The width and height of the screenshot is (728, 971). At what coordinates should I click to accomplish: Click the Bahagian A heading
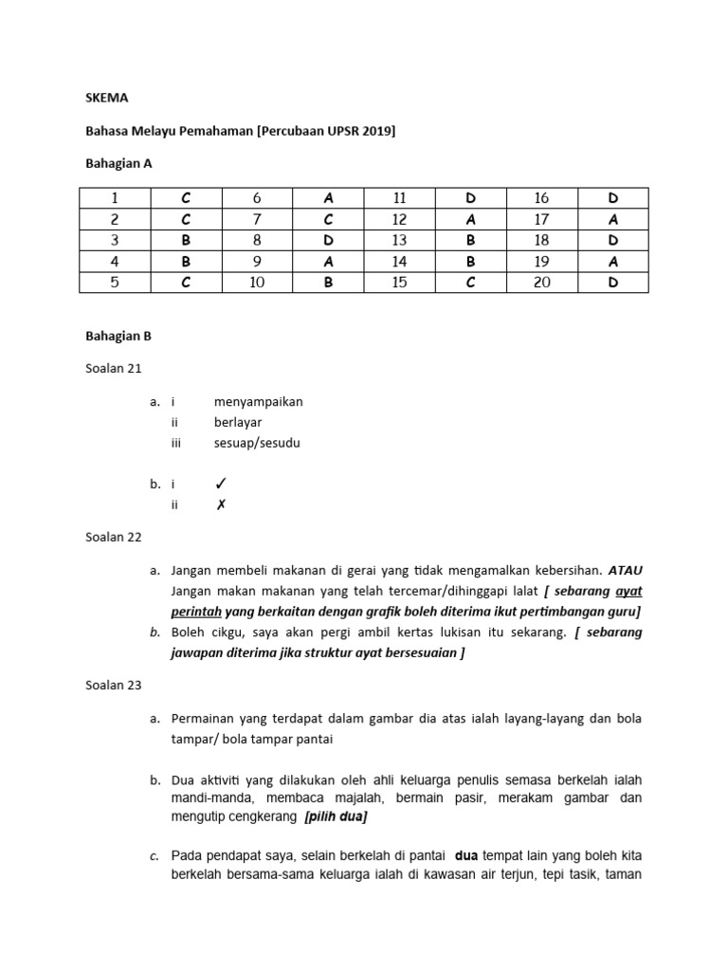(x=119, y=163)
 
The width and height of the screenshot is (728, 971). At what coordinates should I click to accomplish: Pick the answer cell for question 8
(x=328, y=240)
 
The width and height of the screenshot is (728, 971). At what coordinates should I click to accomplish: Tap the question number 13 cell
(x=399, y=240)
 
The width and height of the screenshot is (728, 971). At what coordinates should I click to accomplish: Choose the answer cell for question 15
(x=470, y=282)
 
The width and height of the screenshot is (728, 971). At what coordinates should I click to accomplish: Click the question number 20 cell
(x=541, y=282)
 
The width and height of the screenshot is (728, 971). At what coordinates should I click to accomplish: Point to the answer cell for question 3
(x=186, y=240)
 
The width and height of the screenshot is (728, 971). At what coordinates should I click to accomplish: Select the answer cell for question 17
(x=612, y=219)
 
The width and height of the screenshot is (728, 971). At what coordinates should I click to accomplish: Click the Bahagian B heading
(x=119, y=336)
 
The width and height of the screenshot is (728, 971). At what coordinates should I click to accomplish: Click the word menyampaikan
(x=258, y=401)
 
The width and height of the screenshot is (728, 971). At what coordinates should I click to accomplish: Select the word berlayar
(x=239, y=422)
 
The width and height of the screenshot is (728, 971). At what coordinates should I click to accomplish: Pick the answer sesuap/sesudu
(x=257, y=443)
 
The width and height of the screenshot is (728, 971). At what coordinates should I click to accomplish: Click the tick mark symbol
(x=221, y=484)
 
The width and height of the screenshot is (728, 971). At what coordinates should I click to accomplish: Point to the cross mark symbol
(x=221, y=504)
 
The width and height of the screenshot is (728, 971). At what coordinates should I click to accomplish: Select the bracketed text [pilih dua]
(x=336, y=816)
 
